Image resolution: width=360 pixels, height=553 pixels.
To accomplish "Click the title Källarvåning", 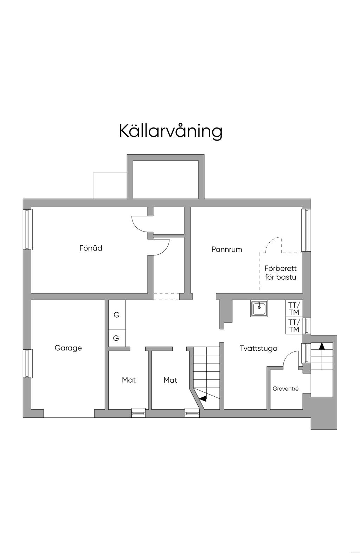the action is [171, 131].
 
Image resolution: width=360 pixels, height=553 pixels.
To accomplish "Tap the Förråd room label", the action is [91, 248].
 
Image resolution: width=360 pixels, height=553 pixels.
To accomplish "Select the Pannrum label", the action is [226, 249].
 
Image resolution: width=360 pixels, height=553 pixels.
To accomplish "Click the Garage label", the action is [68, 348].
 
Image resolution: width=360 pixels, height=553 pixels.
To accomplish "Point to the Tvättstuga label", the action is [258, 348].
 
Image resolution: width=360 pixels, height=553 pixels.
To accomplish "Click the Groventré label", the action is [285, 389].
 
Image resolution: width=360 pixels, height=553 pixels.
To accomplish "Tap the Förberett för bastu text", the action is [281, 273].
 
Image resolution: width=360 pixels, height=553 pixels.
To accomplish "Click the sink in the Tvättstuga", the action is [259, 308].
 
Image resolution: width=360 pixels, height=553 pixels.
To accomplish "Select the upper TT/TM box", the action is [294, 308].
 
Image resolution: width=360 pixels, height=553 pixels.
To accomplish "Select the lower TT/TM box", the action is [294, 326].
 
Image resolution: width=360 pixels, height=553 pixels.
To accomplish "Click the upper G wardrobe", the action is [117, 315].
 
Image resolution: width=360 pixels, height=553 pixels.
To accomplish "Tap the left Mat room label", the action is [129, 380].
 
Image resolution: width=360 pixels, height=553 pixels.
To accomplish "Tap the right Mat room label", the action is [170, 380].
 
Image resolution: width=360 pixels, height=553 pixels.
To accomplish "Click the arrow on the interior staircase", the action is [202, 398].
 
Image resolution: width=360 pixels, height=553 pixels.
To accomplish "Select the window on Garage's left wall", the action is [28, 363].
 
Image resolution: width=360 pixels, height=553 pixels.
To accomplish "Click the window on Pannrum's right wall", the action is [306, 230].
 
